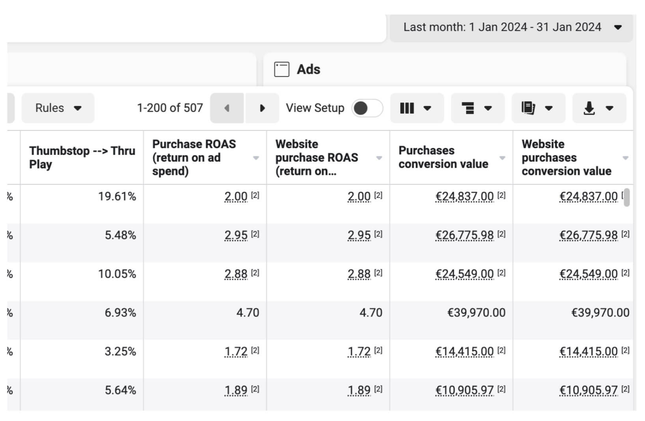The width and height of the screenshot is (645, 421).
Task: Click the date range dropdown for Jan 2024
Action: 511,27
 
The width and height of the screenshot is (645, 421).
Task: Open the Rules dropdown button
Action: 58,108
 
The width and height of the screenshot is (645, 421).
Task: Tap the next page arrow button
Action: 262,108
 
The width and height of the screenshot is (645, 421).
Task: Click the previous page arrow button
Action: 227,108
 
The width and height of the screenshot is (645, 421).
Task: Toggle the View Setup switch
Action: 367,108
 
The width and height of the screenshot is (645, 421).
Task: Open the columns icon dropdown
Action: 417,108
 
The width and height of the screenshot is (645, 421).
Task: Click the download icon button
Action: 599,108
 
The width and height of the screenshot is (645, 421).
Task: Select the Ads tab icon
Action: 281,69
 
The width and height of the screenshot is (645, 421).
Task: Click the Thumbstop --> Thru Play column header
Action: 82,158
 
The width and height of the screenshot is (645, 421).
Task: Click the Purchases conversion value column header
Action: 443,157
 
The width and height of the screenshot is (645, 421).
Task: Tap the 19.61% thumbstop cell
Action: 117,196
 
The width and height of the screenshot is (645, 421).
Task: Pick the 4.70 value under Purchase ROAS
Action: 248,313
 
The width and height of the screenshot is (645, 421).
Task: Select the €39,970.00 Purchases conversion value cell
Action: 476,313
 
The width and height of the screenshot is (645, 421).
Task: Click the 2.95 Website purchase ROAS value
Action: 359,235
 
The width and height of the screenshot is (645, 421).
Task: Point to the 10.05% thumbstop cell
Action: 117,274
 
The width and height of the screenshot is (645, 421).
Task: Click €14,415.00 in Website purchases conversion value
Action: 589,351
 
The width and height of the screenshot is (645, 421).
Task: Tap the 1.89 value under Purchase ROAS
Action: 236,390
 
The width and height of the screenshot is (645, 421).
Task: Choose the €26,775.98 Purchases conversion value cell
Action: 464,235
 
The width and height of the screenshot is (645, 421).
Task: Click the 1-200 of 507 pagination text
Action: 170,108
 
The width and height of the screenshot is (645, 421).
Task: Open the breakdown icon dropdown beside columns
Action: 477,108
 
